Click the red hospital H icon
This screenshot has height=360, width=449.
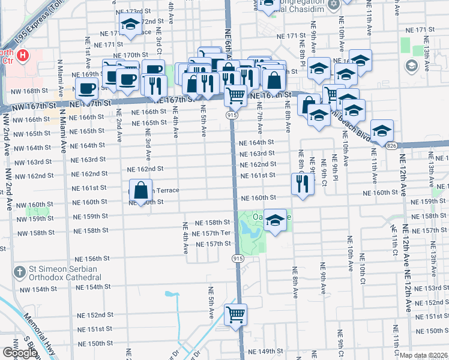23,56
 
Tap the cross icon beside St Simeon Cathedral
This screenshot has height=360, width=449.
20,272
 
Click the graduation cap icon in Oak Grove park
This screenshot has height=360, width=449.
275,220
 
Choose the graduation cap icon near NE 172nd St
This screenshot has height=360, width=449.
129,25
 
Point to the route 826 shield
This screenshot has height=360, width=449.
391,146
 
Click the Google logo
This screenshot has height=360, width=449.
20,352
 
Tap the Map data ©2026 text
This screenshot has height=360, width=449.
424,355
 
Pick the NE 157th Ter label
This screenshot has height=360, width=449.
213,233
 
